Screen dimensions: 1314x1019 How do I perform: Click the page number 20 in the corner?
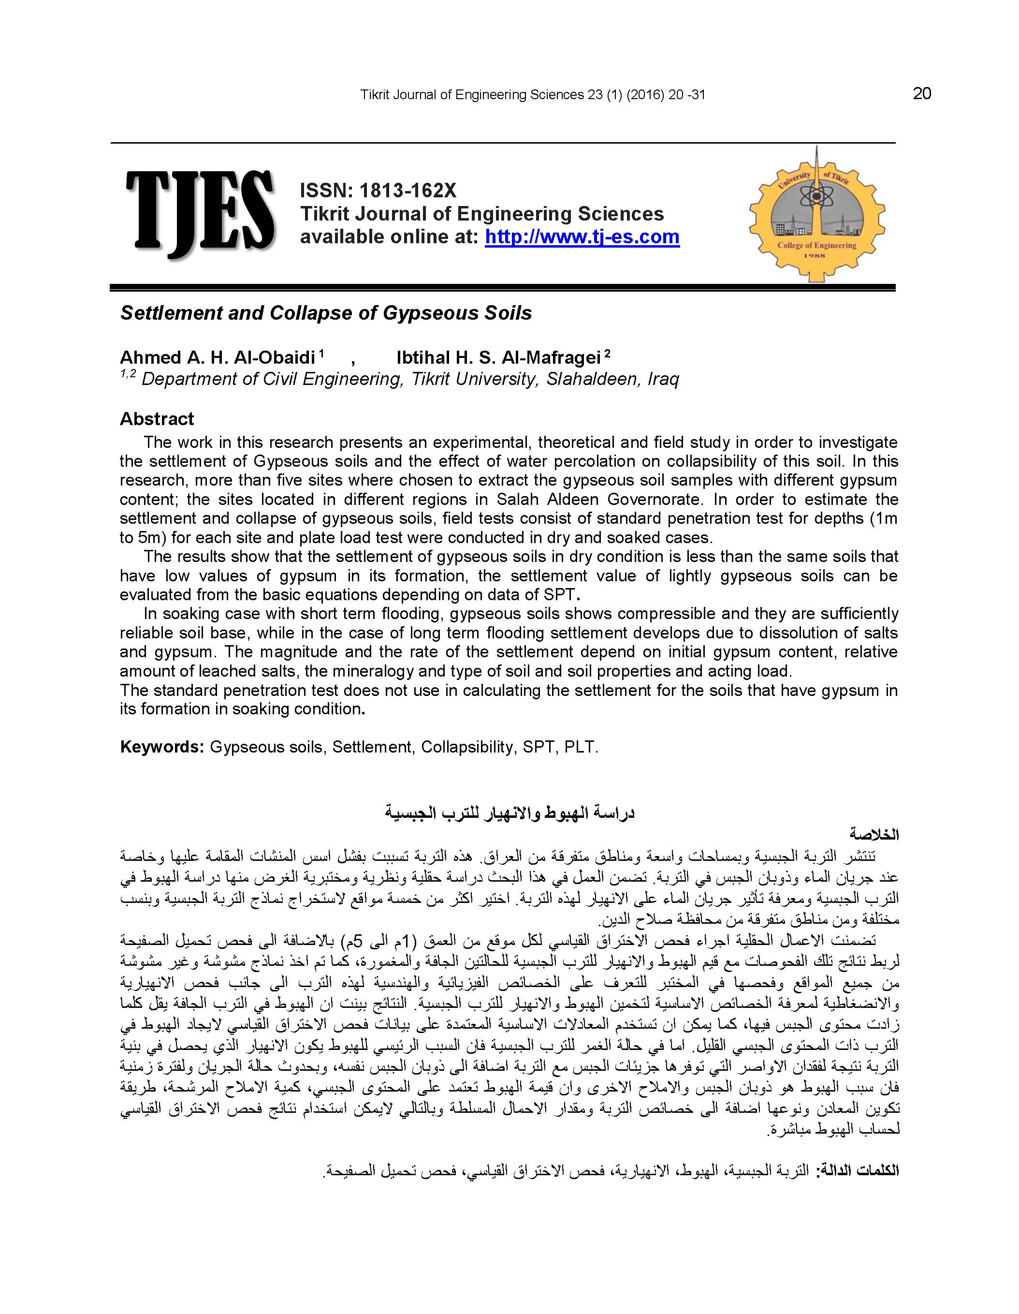click(x=921, y=94)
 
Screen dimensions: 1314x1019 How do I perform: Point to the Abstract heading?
click(x=157, y=419)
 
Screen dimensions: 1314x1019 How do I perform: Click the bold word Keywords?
click(x=162, y=747)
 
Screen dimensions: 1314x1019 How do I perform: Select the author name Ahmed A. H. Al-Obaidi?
click(x=218, y=358)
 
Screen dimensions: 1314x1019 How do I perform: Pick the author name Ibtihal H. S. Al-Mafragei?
click(x=499, y=358)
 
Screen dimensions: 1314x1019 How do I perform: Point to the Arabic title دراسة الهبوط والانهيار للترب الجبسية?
click(x=509, y=813)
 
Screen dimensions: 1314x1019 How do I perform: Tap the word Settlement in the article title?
click(x=171, y=313)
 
